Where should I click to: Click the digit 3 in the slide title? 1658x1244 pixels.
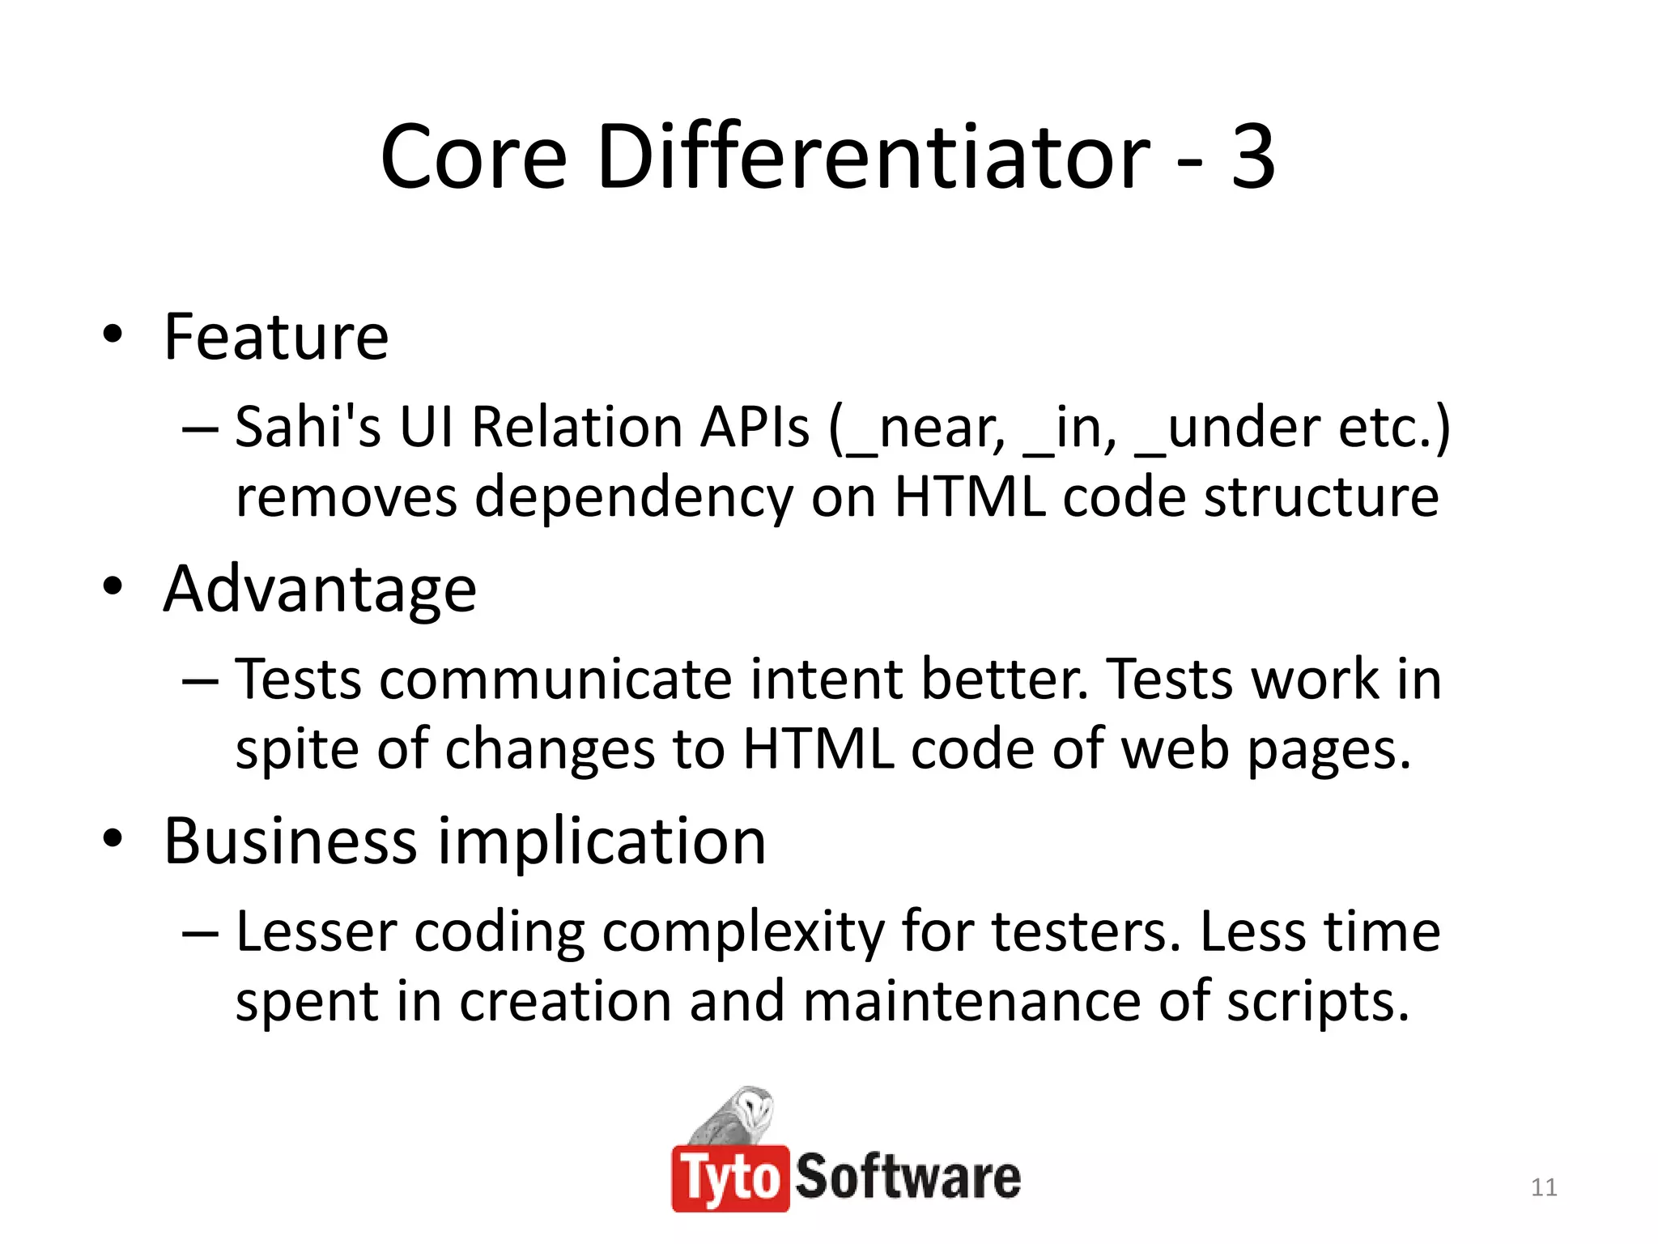[1252, 157]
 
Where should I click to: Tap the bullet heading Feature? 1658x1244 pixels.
[276, 337]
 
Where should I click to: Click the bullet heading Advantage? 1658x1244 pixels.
[320, 590]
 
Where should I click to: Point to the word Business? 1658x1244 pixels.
[290, 841]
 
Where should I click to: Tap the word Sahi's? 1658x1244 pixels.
[308, 427]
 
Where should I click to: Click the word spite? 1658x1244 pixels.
[296, 751]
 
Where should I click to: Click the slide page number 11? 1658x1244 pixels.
[1544, 1187]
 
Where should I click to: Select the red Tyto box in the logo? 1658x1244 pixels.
[729, 1178]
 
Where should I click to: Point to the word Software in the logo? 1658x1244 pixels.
[908, 1177]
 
